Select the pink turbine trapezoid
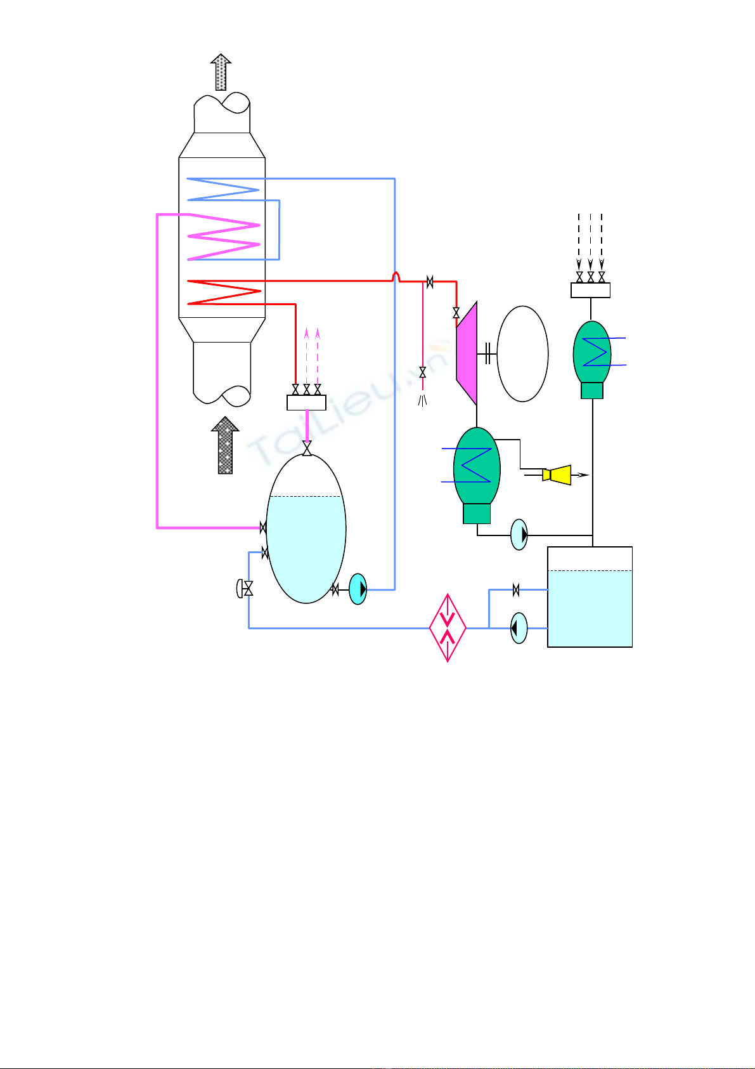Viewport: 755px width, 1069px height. coord(468,354)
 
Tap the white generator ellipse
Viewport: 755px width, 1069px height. coord(522,354)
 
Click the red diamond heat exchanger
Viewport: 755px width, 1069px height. coord(448,627)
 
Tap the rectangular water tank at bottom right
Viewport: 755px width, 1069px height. coord(590,596)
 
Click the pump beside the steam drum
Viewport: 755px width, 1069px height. coord(358,589)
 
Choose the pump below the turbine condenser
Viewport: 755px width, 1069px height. coord(519,535)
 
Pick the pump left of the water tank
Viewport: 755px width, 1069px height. coord(519,628)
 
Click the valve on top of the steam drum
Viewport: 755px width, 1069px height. coord(307,449)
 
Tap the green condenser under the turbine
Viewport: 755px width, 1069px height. coord(477,469)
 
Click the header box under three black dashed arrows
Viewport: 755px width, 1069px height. coord(590,291)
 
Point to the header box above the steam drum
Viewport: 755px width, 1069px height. coord(306,402)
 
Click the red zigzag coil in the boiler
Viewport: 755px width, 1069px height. coord(226,291)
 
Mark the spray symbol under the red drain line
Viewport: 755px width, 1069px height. coord(423,400)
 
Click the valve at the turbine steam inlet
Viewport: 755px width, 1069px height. coord(456,313)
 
